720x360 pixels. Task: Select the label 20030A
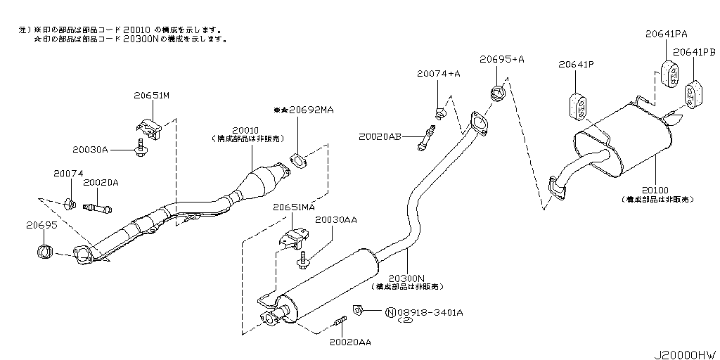tap(90, 149)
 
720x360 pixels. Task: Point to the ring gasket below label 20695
tap(44, 250)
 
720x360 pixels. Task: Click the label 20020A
tap(101, 183)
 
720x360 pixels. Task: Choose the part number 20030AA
tap(336, 220)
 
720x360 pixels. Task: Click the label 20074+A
tap(438, 74)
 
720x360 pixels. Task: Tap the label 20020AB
tap(379, 136)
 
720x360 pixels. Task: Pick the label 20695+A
tap(502, 60)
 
